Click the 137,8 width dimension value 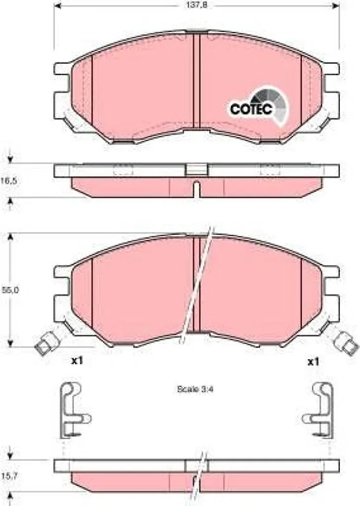coord(196,5)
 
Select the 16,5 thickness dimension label coord(9,181)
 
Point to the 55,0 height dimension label coord(10,290)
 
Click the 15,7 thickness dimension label coord(9,476)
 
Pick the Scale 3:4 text coord(196,389)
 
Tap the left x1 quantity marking coord(77,361)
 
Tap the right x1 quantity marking coord(313,362)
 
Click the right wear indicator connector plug coord(346,343)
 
